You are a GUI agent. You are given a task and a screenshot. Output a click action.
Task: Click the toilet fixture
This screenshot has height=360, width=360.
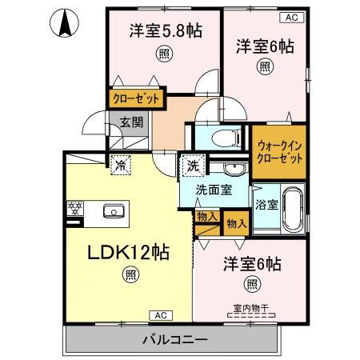[225, 137]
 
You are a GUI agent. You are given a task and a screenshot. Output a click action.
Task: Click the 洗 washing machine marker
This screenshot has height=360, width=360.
[193, 166]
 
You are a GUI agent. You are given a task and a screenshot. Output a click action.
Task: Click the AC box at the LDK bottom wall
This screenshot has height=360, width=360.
[160, 314]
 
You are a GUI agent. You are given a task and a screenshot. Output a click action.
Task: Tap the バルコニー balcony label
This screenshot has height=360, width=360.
[170, 339]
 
